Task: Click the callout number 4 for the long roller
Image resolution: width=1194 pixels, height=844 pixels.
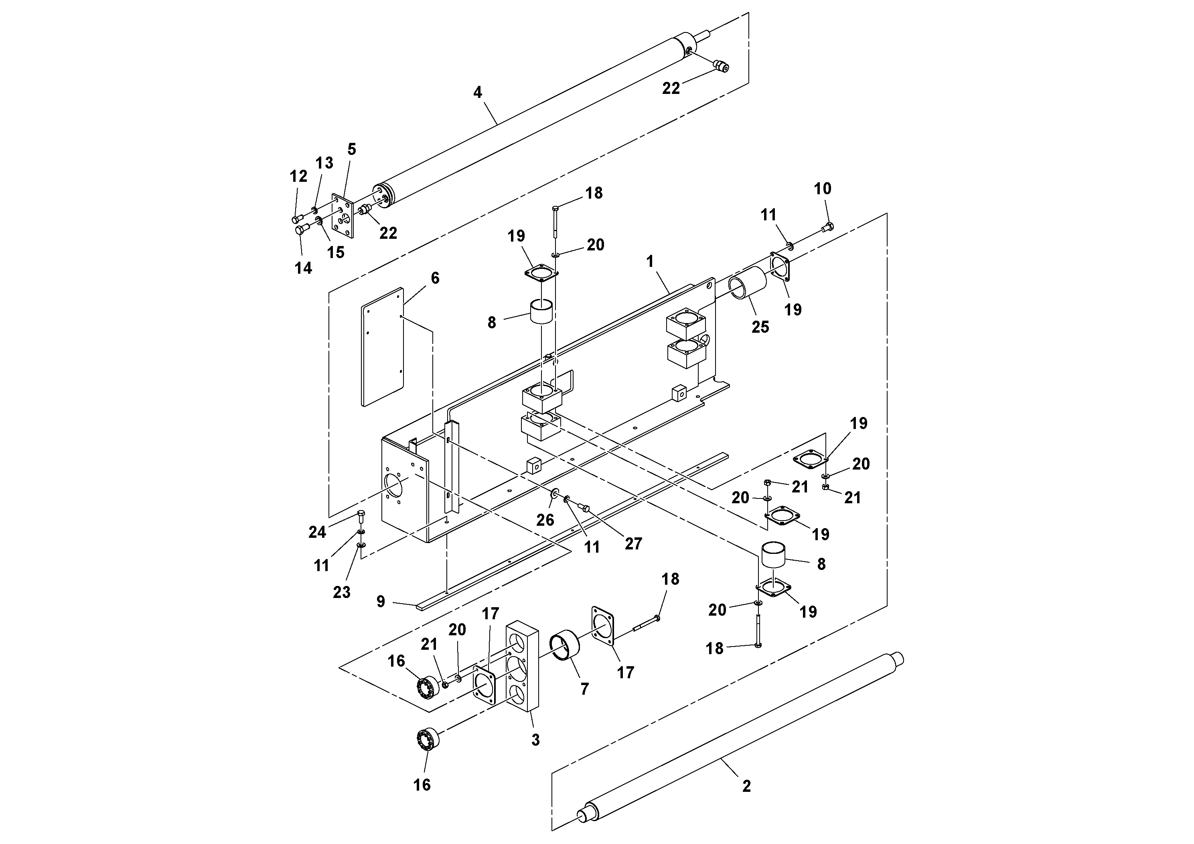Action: pos(477,93)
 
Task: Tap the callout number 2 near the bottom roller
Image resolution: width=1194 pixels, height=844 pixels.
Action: pos(746,786)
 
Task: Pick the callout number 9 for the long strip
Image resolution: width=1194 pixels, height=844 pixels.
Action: pos(381,602)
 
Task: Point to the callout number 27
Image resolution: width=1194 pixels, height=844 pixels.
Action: pos(633,544)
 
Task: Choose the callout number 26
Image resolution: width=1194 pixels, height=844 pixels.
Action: pos(545,519)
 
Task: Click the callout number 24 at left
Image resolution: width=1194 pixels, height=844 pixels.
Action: pos(317,532)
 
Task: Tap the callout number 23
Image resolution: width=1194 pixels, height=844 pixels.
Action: pos(341,592)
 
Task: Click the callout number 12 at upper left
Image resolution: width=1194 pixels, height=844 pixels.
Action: pos(298,177)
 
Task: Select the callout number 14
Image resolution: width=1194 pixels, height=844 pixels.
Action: pos(303,268)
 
